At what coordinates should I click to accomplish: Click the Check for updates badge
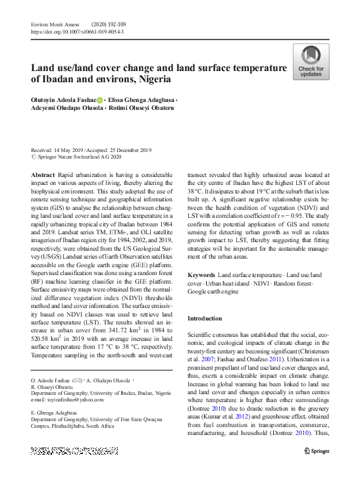(311, 62)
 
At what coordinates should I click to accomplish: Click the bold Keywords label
(201, 274)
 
